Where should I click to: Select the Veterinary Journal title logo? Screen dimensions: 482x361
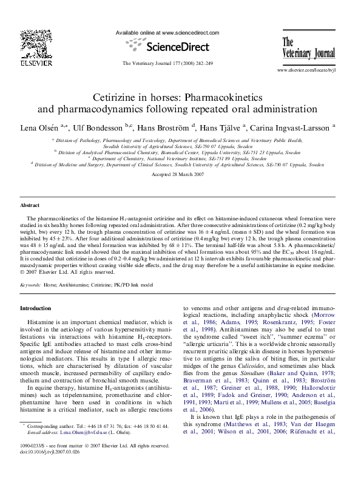click(307, 49)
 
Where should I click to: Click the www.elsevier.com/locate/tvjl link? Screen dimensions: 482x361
click(306, 70)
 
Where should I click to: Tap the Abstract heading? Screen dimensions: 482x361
click(30, 206)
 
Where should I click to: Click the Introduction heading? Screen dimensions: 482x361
click(36, 308)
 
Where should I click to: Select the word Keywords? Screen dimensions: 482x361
click(30, 284)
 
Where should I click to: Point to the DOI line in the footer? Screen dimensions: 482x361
click(49, 452)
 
